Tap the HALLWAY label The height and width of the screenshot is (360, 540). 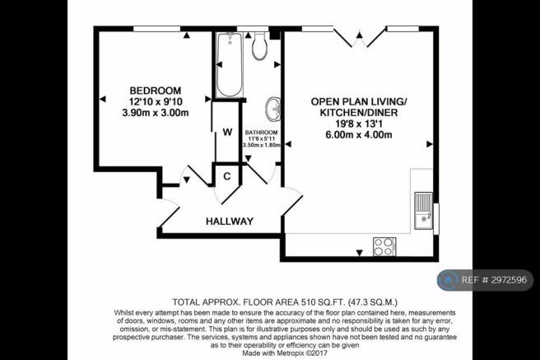230,221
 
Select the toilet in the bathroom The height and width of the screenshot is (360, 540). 259,45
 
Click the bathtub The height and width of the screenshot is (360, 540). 230,65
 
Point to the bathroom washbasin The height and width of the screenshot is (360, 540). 273,110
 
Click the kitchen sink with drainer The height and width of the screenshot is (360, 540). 423,211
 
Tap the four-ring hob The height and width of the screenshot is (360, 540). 384,246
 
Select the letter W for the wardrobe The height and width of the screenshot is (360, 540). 227,133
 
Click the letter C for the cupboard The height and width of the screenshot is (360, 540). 227,176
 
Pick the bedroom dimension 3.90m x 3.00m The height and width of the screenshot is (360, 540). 156,113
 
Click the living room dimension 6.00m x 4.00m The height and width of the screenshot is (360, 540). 359,135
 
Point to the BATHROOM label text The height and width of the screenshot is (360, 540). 262,133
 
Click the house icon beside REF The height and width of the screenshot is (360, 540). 448,280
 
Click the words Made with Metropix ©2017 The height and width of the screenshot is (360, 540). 285,353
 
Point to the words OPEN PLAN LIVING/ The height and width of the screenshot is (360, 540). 359,101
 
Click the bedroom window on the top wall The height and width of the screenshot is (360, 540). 157,29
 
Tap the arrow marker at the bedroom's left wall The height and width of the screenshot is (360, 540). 103,99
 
